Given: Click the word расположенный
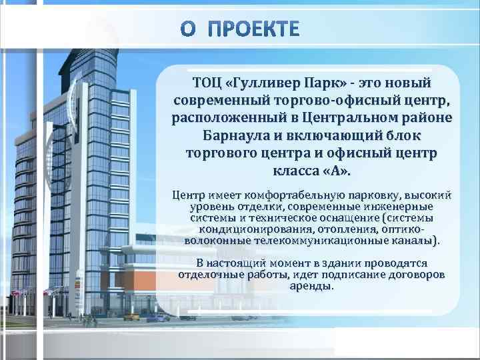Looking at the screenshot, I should pos(228,119).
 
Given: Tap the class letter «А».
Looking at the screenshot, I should pos(331,171).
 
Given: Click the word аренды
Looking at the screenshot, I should pos(311,285).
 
